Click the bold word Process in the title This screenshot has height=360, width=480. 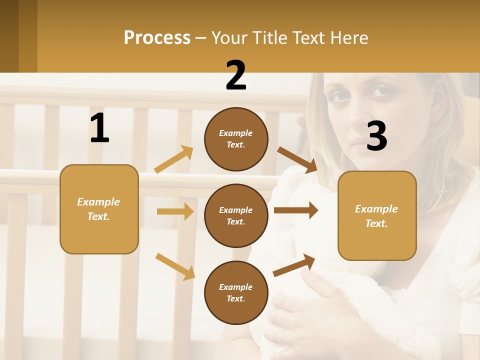click(x=157, y=38)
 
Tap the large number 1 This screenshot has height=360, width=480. click(x=99, y=128)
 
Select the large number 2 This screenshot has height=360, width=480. click(x=236, y=75)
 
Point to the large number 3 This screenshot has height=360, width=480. click(x=377, y=136)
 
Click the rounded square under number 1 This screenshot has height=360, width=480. click(x=99, y=209)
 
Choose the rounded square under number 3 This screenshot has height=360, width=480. click(x=377, y=215)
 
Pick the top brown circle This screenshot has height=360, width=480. click(x=236, y=139)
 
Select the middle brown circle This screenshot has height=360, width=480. click(x=236, y=215)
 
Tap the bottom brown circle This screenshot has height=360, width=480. click(x=236, y=292)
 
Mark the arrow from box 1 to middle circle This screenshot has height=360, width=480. click(x=175, y=211)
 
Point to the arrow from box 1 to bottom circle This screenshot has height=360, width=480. click(x=175, y=266)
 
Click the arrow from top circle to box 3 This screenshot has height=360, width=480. click(x=297, y=159)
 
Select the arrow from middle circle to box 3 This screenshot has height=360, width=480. click(x=296, y=210)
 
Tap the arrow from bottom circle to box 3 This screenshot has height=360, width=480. click(x=294, y=265)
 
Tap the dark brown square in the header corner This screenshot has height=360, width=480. click(x=9, y=36)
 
